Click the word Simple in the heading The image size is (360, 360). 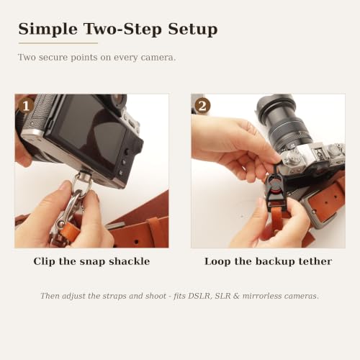tap(48, 30)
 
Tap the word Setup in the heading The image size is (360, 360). tap(193, 30)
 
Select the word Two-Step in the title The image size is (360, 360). tap(122, 29)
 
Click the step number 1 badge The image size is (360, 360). tap(26, 106)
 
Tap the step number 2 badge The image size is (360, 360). tap(202, 106)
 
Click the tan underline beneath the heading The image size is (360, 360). tap(58, 43)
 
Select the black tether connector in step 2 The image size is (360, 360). tap(275, 186)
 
